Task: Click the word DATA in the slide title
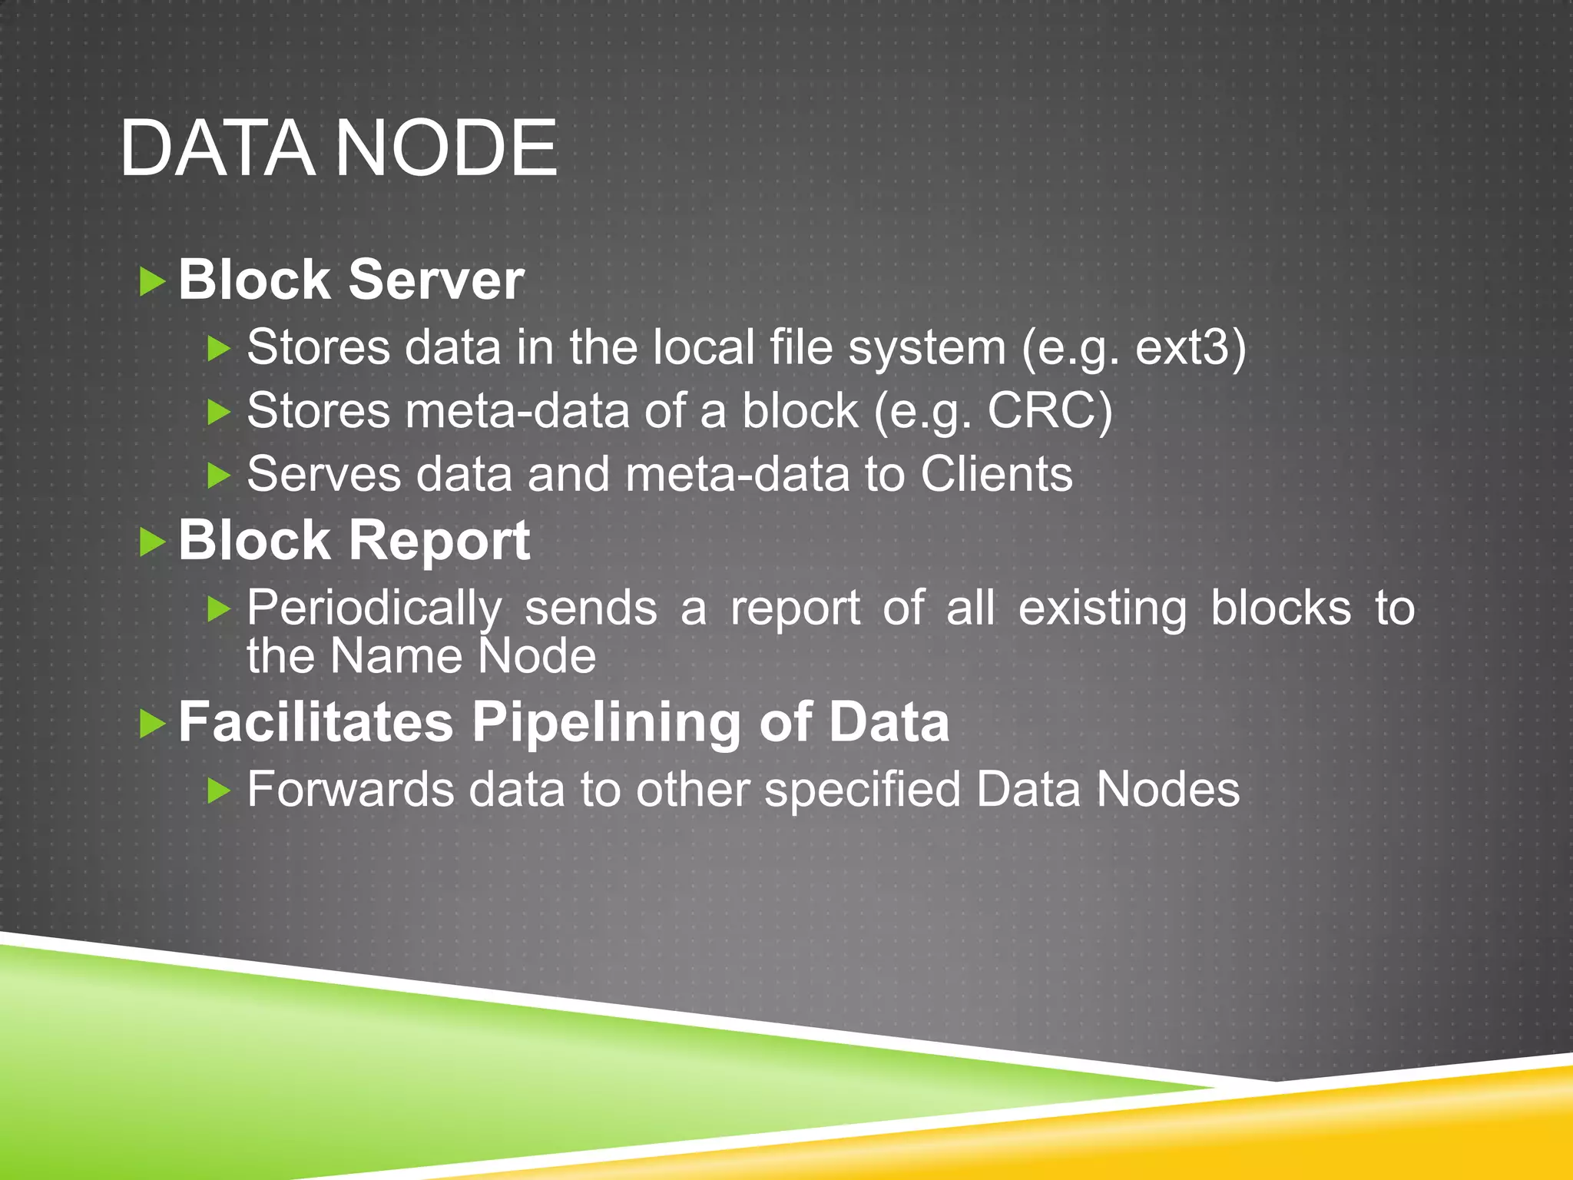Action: point(217,148)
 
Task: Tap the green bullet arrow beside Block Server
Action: point(153,282)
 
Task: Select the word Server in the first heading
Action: point(436,280)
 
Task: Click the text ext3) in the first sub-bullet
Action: point(1190,347)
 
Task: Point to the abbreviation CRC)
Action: point(1049,411)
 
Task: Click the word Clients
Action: point(996,474)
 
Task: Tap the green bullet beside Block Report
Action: point(153,543)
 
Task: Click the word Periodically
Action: point(374,609)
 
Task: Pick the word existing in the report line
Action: point(1102,609)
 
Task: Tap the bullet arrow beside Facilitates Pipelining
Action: point(153,724)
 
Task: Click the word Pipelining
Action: point(605,723)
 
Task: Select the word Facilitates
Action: point(316,722)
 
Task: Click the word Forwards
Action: point(350,790)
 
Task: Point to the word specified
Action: point(862,791)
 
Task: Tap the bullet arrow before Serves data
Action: point(220,476)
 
